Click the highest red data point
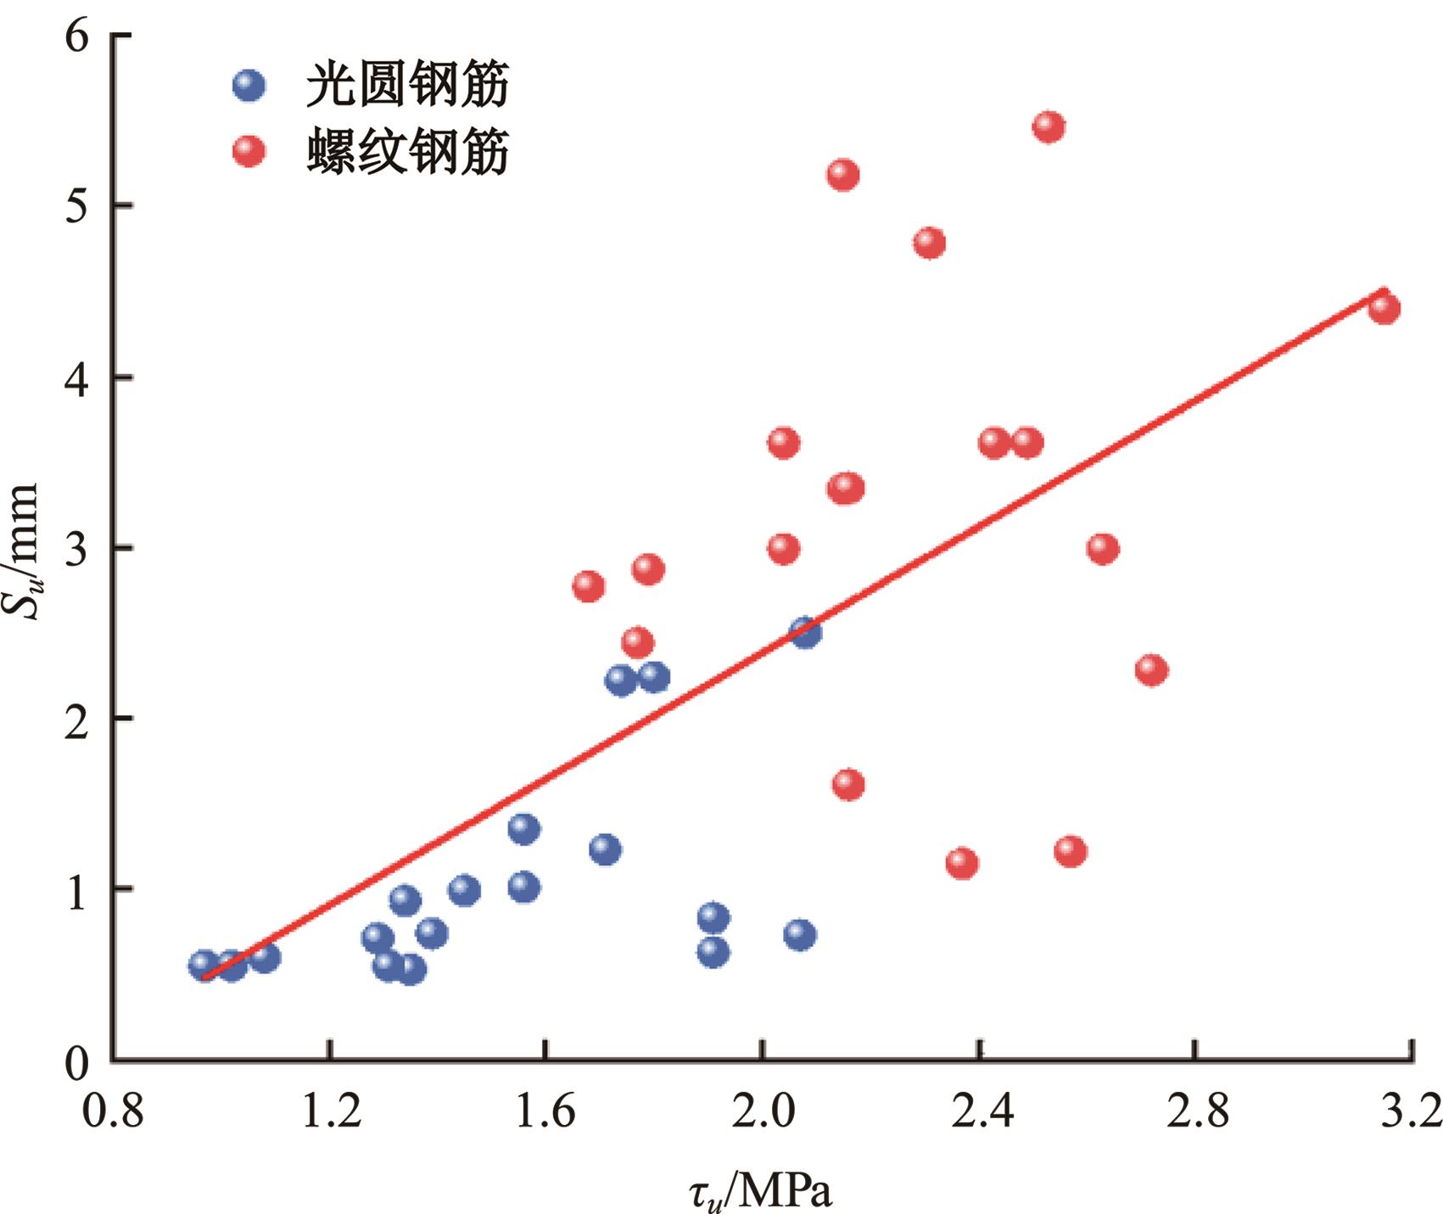click(1049, 126)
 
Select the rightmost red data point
click(1384, 307)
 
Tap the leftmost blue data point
click(204, 964)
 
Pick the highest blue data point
click(805, 631)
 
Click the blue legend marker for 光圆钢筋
click(249, 85)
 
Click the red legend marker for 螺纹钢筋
click(249, 151)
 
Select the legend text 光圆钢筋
click(407, 85)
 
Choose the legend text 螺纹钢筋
click(407, 153)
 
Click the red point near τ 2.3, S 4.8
click(929, 243)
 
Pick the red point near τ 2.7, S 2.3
click(1150, 669)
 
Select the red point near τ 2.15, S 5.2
click(842, 175)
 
